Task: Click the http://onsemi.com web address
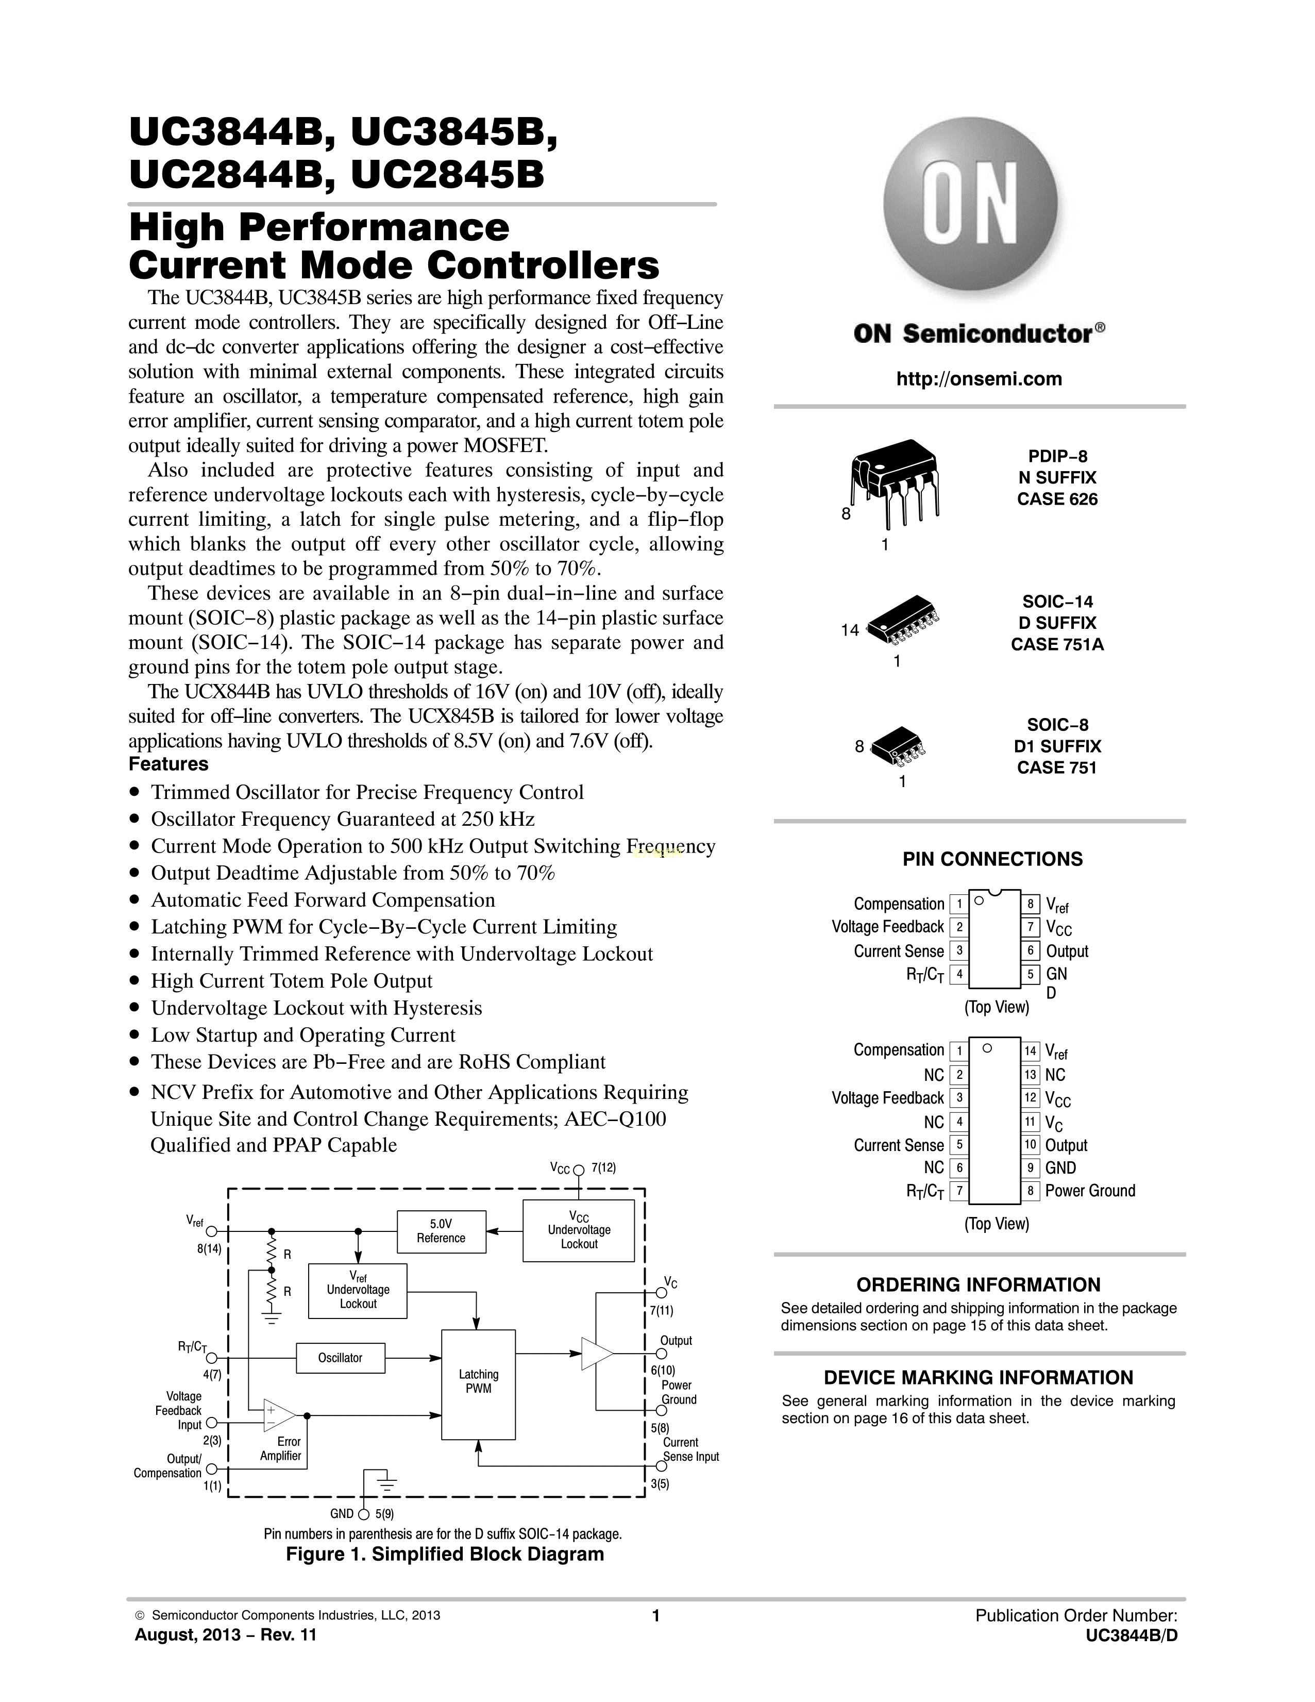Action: click(979, 379)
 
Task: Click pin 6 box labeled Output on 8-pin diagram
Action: click(1030, 951)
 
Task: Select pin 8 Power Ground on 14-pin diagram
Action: click(1030, 1191)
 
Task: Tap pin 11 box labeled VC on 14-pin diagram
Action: click(1030, 1122)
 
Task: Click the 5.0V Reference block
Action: click(441, 1231)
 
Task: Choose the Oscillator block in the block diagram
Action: click(341, 1358)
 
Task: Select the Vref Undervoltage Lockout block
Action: click(358, 1291)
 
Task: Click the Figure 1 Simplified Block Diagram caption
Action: click(445, 1554)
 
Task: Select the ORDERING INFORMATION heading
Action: click(979, 1285)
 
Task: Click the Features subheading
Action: click(168, 764)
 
